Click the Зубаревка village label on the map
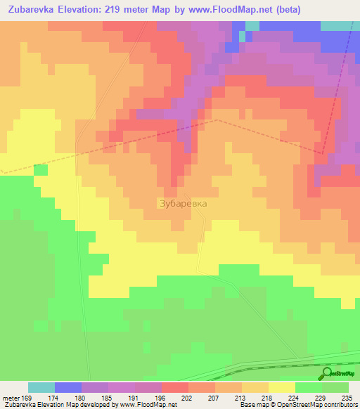(x=181, y=203)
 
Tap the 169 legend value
(x=27, y=397)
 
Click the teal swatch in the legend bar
(x=41, y=387)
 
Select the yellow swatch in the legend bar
(x=282, y=387)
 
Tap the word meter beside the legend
(x=9, y=397)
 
